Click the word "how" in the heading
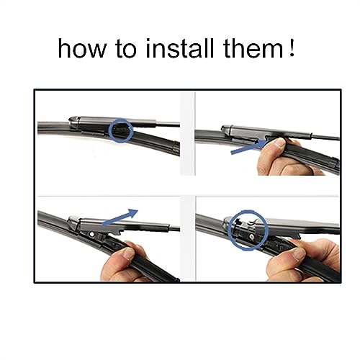[81, 49]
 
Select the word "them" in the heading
[253, 48]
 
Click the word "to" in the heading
[126, 50]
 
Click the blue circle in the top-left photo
[109, 131]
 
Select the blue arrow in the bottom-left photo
[120, 217]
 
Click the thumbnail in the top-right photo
[279, 143]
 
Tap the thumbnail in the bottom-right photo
[299, 253]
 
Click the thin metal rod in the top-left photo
[168, 125]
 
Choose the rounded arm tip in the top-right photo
[226, 128]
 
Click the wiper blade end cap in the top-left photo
[176, 148]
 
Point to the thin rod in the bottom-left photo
[174, 228]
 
